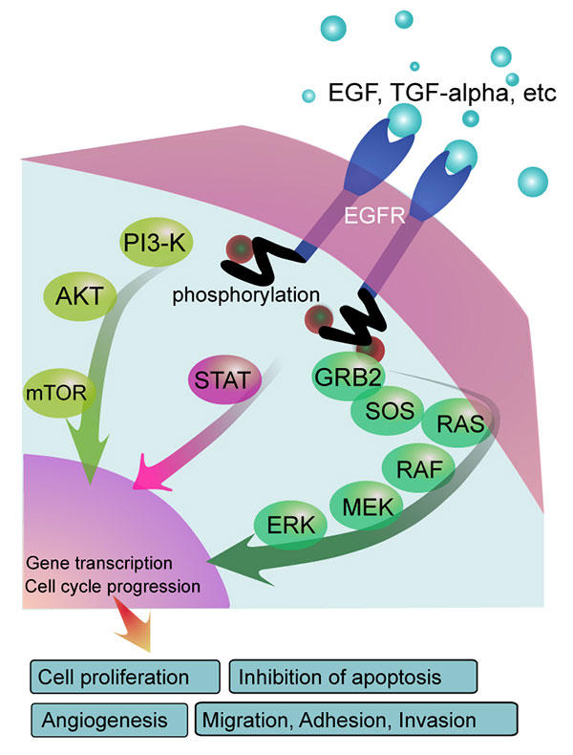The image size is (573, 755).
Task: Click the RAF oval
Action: pyautogui.click(x=417, y=468)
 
